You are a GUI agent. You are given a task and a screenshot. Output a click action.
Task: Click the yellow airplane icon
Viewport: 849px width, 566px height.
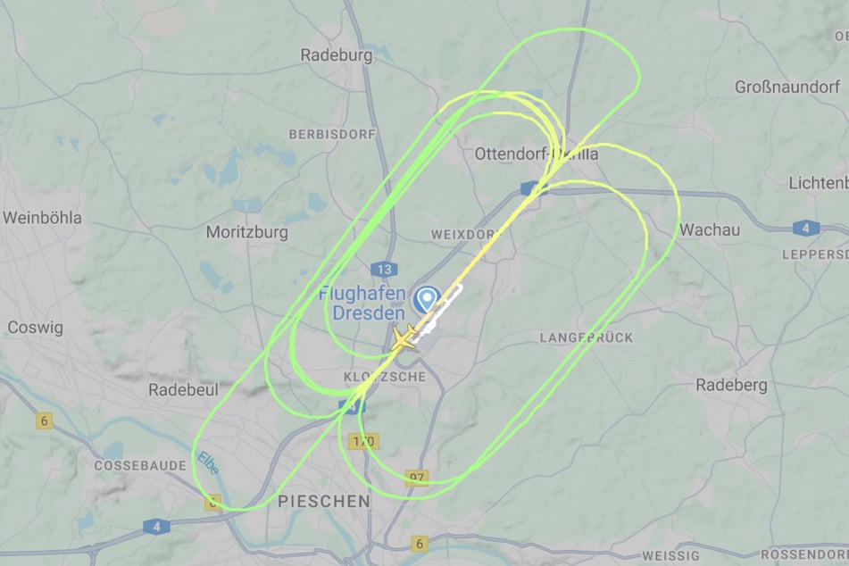point(404,338)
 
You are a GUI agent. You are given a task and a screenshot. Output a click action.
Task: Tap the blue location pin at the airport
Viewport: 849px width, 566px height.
point(428,298)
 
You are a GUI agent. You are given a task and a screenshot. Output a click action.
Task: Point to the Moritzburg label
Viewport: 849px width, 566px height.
point(246,232)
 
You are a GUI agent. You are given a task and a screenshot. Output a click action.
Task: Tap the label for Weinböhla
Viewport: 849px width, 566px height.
point(42,218)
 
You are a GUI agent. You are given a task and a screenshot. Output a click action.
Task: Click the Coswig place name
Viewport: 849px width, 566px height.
point(35,328)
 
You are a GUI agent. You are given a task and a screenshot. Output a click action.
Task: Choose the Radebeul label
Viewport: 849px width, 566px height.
point(177,390)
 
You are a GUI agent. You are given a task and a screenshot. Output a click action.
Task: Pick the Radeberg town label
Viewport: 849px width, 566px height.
point(731,385)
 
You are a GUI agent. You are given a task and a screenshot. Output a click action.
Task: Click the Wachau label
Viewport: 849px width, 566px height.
point(710,230)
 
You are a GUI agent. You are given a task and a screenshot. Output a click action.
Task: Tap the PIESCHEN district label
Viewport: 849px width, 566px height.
point(324,502)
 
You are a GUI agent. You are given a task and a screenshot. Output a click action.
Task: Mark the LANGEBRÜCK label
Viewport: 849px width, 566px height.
point(586,337)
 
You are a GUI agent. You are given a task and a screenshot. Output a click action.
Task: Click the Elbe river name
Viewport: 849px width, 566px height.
point(207,465)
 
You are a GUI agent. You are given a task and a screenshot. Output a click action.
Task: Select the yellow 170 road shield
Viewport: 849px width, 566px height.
point(363,441)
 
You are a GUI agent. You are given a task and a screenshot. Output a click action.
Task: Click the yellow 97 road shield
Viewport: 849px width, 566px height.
point(417,479)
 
